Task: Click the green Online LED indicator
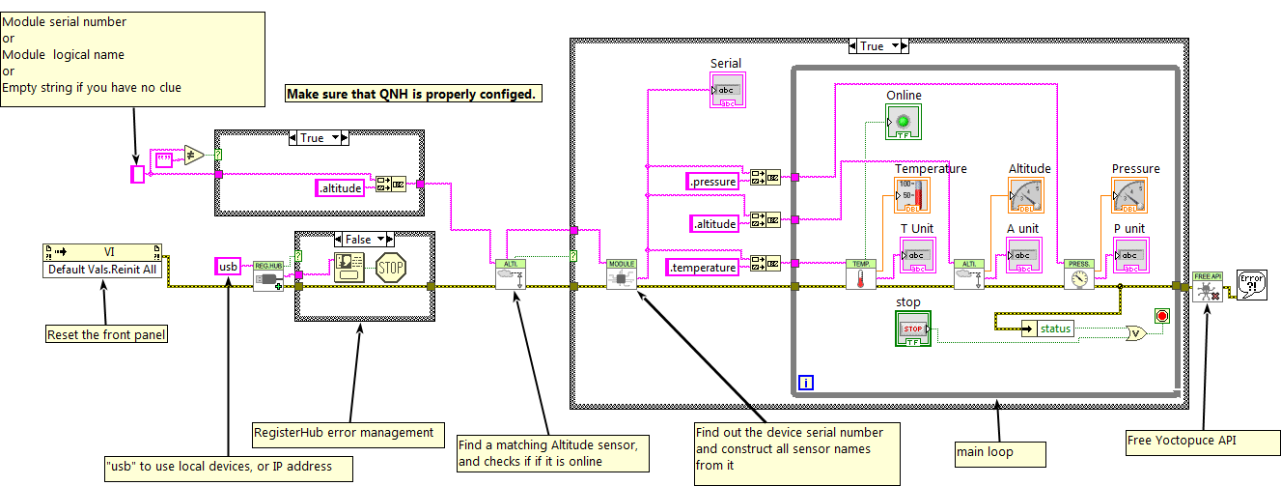pyautogui.click(x=904, y=123)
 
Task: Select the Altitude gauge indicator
pyautogui.click(x=1027, y=196)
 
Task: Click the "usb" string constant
pyautogui.click(x=228, y=266)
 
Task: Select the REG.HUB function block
pyautogui.click(x=266, y=275)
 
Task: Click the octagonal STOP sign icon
pyautogui.click(x=390, y=268)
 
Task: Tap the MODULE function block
pyautogui.click(x=621, y=274)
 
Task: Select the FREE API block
pyautogui.click(x=1207, y=285)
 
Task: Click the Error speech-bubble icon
pyautogui.click(x=1251, y=285)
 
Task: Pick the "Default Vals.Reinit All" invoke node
pyautogui.click(x=103, y=261)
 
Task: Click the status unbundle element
pyautogui.click(x=1055, y=329)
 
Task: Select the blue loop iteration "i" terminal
pyautogui.click(x=807, y=384)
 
